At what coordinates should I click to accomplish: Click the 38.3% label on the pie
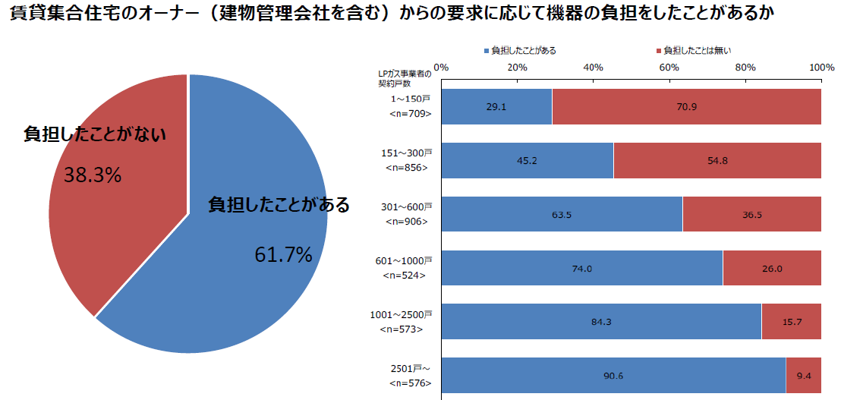pos(93,175)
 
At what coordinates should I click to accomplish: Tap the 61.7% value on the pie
pos(283,255)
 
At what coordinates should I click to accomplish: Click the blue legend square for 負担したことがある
pos(487,51)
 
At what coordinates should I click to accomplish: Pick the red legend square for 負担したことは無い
pos(658,51)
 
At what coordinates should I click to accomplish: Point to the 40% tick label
pos(594,68)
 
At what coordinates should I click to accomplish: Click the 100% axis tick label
pos(822,68)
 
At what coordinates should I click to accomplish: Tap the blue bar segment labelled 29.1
pos(496,107)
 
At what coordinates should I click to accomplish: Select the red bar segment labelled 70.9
pos(687,107)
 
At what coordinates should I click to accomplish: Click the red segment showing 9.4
pos(804,376)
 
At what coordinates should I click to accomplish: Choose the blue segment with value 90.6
pos(613,376)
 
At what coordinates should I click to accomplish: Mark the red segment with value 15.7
pos(792,322)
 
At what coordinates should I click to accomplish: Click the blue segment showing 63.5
pos(562,215)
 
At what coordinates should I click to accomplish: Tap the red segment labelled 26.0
pos(772,268)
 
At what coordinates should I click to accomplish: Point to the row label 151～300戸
pos(406,153)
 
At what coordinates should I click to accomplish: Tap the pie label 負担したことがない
pos(95,134)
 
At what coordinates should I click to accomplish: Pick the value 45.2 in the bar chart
pos(528,161)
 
